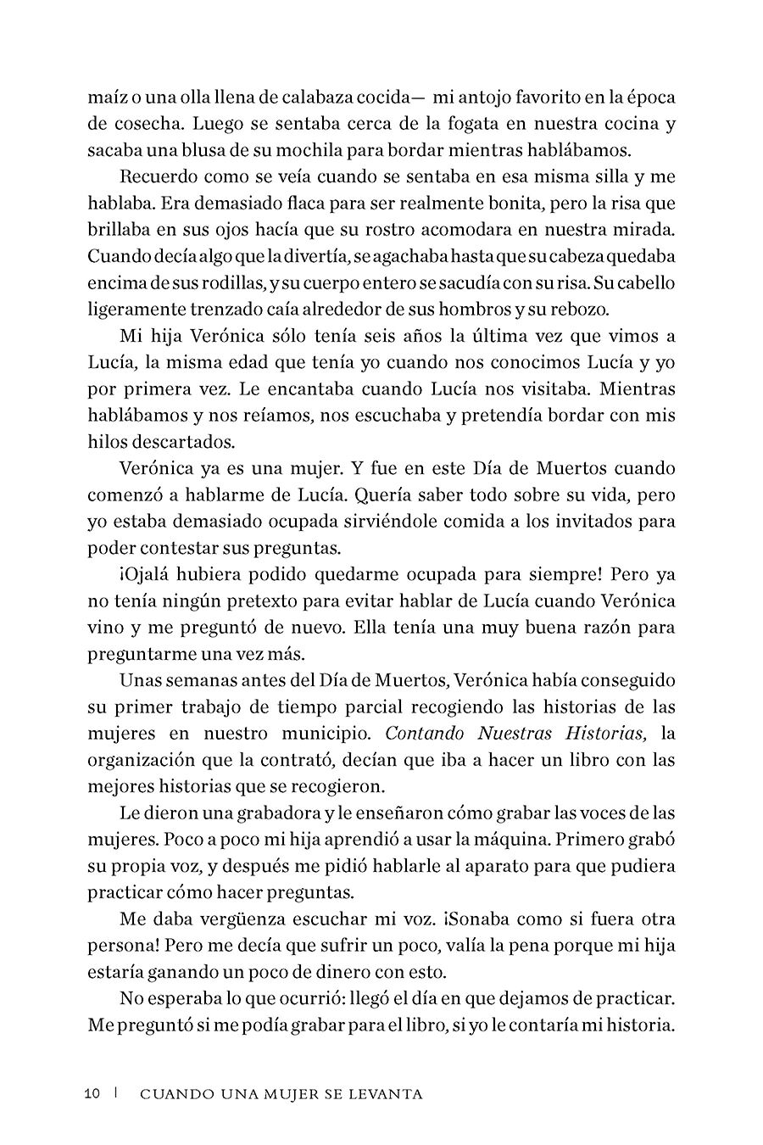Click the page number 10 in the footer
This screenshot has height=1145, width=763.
94,1093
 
